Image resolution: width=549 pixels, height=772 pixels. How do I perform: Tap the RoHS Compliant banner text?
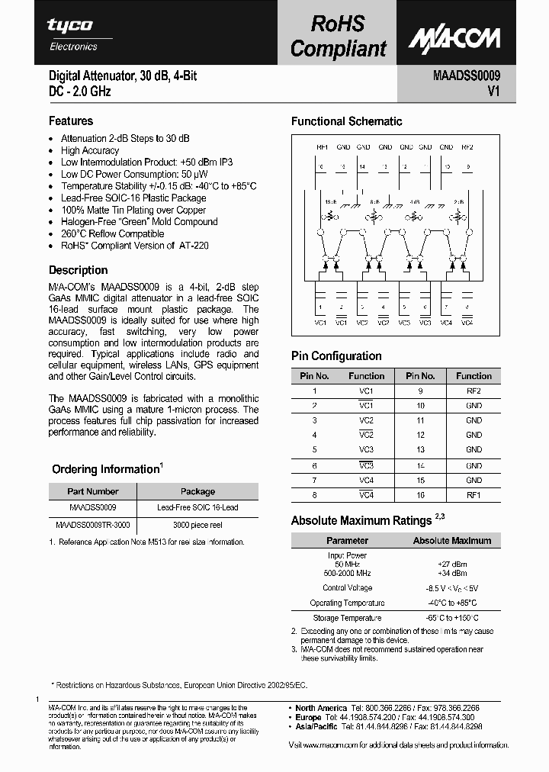pyautogui.click(x=338, y=36)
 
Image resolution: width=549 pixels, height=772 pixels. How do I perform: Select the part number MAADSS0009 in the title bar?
pyautogui.click(x=467, y=76)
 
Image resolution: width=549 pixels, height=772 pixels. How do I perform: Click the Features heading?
pyautogui.click(x=71, y=121)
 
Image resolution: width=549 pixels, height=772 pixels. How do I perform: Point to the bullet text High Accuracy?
pyautogui.click(x=90, y=150)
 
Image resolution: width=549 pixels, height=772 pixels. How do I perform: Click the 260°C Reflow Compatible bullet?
pyautogui.click(x=112, y=233)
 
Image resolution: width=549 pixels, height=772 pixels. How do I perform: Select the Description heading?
pyautogui.click(x=78, y=270)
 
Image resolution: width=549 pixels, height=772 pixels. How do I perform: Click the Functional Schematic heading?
pyautogui.click(x=346, y=121)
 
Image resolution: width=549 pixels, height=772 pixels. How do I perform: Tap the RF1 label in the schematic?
pyautogui.click(x=322, y=146)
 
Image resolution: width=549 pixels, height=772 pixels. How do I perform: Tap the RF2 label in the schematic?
pyautogui.click(x=467, y=146)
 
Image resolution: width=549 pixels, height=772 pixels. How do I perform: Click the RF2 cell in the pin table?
pyautogui.click(x=474, y=391)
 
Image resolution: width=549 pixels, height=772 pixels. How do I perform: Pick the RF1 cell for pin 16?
pyautogui.click(x=474, y=495)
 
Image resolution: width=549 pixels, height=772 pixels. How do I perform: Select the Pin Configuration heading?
pyautogui.click(x=336, y=356)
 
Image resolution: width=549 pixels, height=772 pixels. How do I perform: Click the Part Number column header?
pyautogui.click(x=93, y=491)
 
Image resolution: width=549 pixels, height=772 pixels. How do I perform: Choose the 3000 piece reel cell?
pyautogui.click(x=197, y=526)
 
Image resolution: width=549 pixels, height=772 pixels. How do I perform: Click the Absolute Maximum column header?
pyautogui.click(x=451, y=540)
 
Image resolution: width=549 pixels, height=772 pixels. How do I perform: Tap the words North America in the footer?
pyautogui.click(x=323, y=708)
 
